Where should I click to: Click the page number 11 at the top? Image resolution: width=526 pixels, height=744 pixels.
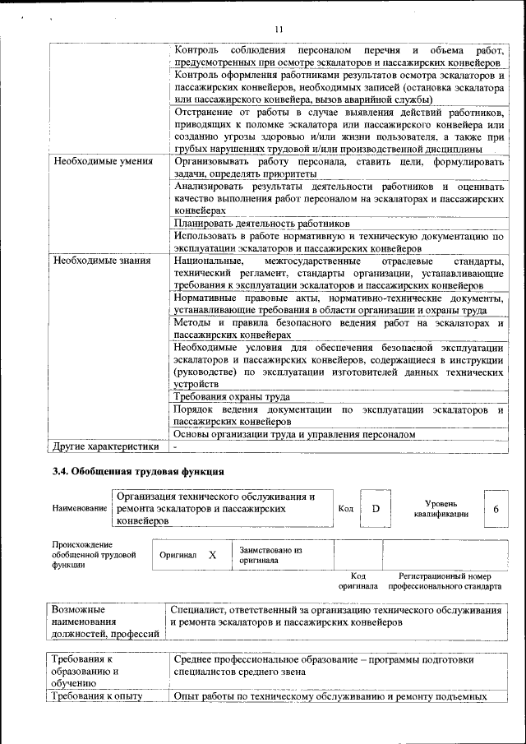(x=279, y=30)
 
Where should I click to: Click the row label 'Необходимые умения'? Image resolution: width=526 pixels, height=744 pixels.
(x=103, y=161)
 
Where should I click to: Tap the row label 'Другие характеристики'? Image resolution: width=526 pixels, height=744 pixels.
(x=106, y=446)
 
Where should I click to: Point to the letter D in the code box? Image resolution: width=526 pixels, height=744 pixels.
(x=376, y=508)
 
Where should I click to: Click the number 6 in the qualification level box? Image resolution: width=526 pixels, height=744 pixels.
(x=496, y=508)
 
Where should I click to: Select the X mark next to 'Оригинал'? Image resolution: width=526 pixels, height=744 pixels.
(x=212, y=555)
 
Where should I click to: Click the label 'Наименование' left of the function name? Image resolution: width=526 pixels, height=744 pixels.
(x=80, y=509)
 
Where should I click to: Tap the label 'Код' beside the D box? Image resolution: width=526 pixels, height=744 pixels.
(x=346, y=509)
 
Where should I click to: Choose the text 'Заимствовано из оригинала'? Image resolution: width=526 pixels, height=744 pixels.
(x=270, y=555)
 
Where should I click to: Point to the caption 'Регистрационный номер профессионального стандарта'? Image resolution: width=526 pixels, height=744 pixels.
(x=444, y=582)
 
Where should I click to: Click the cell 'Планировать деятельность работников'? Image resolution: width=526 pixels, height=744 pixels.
(x=262, y=223)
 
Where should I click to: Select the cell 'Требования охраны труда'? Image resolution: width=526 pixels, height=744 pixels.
(x=232, y=396)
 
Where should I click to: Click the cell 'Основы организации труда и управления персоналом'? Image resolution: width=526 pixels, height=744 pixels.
(x=294, y=434)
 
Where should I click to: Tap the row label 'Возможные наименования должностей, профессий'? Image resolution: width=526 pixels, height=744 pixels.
(x=105, y=622)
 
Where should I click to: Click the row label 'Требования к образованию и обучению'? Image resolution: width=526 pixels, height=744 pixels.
(x=86, y=671)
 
